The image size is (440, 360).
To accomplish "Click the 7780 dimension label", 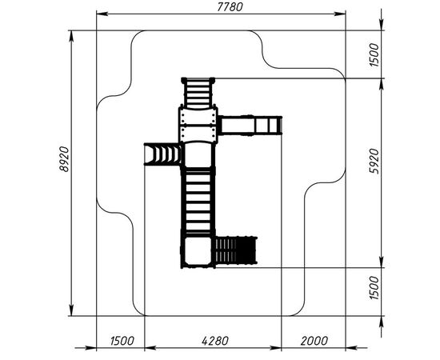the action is [x=230, y=7].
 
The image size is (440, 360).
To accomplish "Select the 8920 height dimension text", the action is [x=64, y=159].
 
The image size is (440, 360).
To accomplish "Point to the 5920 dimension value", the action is [x=374, y=162].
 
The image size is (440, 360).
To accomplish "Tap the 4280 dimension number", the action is [x=215, y=341].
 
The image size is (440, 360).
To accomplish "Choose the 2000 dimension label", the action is [x=314, y=341].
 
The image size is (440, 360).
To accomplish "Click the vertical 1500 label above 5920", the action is [x=374, y=54].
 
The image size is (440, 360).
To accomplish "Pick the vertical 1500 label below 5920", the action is [x=374, y=288].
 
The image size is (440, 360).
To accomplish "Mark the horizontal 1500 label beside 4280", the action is [x=122, y=341].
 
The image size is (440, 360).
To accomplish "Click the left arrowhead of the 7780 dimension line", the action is [x=102, y=14].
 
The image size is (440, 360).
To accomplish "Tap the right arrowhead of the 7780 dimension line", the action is [x=340, y=14].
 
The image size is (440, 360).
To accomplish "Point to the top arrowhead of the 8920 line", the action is [x=71, y=36].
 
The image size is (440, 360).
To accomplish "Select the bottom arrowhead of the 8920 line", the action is [x=71, y=310].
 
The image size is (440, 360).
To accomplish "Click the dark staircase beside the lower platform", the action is [x=236, y=250].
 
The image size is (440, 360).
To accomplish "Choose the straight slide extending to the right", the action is [x=250, y=126].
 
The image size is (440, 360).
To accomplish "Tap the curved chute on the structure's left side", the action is [x=162, y=154].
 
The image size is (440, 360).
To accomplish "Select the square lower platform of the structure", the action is [x=198, y=252].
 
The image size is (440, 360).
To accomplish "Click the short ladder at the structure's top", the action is [x=198, y=93].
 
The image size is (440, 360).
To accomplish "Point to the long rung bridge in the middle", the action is [x=198, y=200].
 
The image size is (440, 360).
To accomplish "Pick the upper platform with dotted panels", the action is [x=198, y=125].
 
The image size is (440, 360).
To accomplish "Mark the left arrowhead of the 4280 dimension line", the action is [x=150, y=348].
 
